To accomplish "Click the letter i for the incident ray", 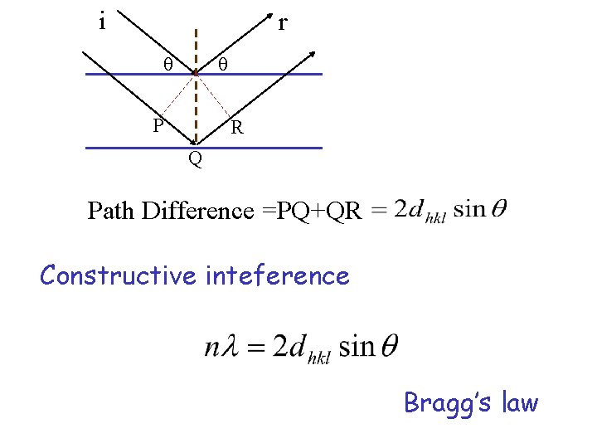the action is pos(101,22).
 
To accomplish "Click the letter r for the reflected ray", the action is pos(283,22).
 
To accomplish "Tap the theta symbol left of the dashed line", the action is pos(167,64).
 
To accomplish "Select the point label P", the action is pos(158,126).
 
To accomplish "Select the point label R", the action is pos(237,128).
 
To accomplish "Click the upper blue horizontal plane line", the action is pos(265,74).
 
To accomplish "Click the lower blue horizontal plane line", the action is pos(265,148).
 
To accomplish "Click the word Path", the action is pos(113,211).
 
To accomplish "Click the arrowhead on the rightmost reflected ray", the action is pos(313,55).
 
